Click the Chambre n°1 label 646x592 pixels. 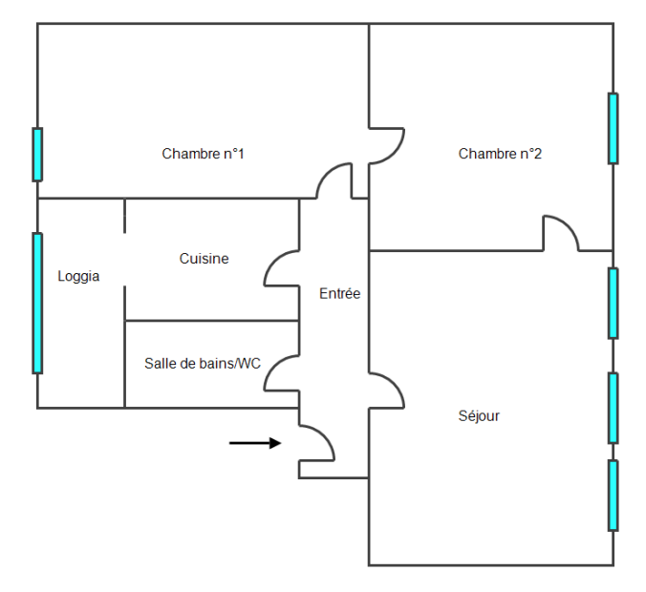(x=203, y=154)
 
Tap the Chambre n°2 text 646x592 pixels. (x=500, y=154)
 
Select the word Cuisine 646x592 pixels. (x=204, y=259)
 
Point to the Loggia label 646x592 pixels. (x=78, y=277)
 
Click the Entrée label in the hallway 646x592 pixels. (x=339, y=294)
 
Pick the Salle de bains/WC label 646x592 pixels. (x=203, y=364)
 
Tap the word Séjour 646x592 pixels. (x=479, y=416)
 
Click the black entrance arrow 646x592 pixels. (x=255, y=443)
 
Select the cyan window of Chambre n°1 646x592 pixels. (x=37, y=155)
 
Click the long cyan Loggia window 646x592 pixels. (x=37, y=303)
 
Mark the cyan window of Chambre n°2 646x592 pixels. (x=613, y=128)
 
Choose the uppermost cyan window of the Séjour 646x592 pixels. (x=613, y=303)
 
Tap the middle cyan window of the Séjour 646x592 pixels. (x=613, y=408)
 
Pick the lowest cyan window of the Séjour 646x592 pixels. (x=613, y=495)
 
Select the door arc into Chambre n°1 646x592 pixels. (x=334, y=180)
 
